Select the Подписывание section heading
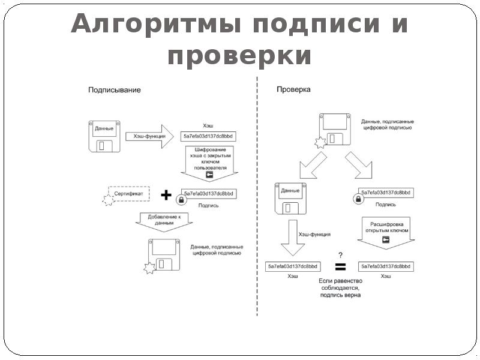(115, 90)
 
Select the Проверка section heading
(293, 90)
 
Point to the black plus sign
(166, 196)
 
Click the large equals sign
(340, 266)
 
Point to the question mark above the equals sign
(340, 254)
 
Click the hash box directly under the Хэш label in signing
(208, 136)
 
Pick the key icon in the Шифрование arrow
(209, 175)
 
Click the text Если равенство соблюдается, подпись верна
(340, 287)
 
